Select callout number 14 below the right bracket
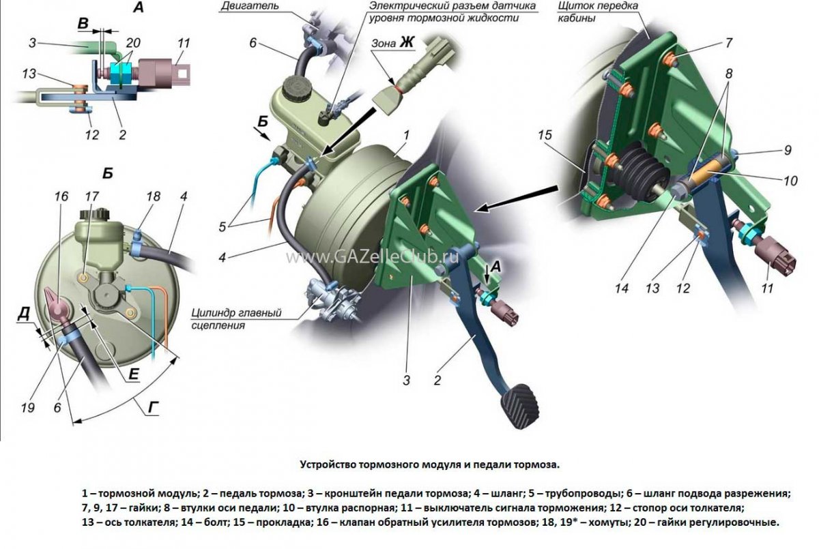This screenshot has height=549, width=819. (620, 288)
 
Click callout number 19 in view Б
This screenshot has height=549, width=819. (27, 408)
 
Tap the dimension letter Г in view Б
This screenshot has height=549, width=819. (155, 408)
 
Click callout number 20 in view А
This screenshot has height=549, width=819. (133, 42)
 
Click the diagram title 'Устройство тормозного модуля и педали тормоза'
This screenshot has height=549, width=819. (429, 464)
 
